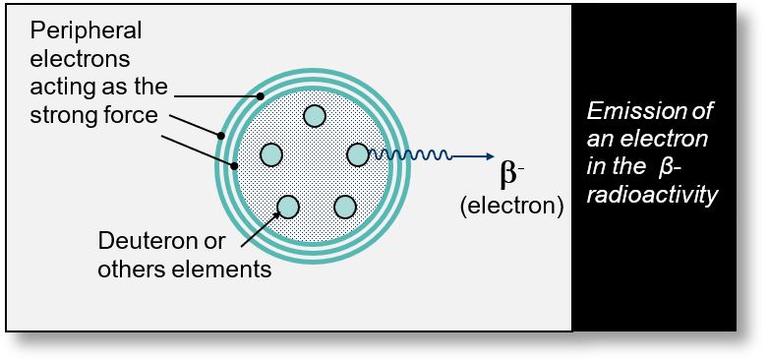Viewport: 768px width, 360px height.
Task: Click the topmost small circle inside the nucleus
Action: (x=315, y=115)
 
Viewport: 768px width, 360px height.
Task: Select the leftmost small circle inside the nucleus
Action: (x=271, y=154)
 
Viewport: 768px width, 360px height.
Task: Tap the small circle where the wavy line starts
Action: (x=358, y=154)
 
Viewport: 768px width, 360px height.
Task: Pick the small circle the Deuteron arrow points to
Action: (x=288, y=206)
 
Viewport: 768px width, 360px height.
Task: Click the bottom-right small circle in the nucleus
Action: (x=344, y=207)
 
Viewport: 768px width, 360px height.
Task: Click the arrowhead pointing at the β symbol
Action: (x=487, y=155)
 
